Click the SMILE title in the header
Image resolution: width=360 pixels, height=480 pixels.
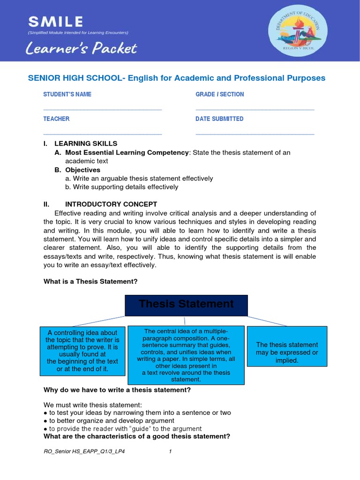tap(55, 21)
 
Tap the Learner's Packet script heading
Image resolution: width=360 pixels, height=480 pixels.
tap(82, 48)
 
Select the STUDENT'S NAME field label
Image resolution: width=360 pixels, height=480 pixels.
tap(67, 94)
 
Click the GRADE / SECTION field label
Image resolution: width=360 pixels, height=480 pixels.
tap(219, 94)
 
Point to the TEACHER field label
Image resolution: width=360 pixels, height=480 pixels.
tap(56, 119)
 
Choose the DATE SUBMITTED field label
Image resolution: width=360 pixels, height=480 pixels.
tap(219, 119)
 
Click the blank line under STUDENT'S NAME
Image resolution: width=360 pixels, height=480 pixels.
tap(102, 109)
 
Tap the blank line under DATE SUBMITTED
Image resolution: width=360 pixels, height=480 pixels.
tap(255, 134)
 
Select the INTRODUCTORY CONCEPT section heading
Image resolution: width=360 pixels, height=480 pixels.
tap(111, 204)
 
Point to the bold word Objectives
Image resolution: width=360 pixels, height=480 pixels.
tap(82, 170)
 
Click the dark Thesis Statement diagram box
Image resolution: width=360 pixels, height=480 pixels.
tap(186, 305)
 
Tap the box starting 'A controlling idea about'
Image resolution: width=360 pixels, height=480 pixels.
tap(82, 351)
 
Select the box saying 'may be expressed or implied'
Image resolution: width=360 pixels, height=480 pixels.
tap(287, 352)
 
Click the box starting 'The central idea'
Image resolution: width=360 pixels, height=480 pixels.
tap(186, 355)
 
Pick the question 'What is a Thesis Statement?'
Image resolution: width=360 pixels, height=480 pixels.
tap(90, 281)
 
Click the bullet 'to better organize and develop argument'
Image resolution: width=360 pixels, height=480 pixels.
tap(109, 420)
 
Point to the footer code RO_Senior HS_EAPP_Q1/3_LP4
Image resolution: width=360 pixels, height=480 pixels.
tap(84, 451)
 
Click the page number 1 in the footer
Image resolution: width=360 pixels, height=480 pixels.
tap(171, 451)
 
